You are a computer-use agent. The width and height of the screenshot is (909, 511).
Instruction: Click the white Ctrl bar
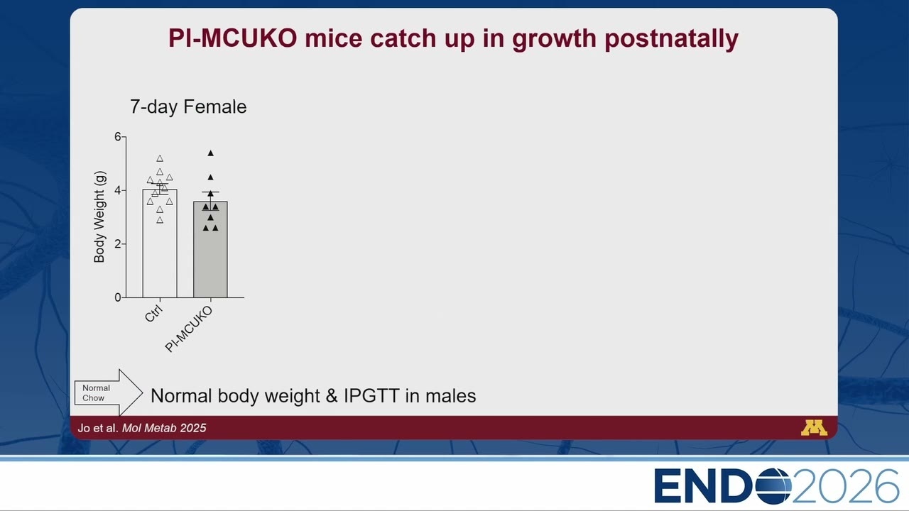[x=160, y=243]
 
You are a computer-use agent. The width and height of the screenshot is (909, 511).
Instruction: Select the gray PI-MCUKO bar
[x=210, y=249]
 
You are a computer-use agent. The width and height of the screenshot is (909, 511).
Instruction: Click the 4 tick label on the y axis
[x=118, y=190]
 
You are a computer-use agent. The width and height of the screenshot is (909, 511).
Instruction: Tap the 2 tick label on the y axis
[x=118, y=244]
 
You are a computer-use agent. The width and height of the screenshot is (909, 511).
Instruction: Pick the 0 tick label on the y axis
[x=118, y=297]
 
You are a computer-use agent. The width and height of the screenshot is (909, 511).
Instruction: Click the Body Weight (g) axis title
[x=99, y=217]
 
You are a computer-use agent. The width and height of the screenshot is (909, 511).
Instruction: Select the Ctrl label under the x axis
[x=153, y=313]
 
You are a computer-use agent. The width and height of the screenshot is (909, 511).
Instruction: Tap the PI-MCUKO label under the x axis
[x=189, y=329]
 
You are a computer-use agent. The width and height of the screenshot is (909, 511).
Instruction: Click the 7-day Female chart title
[x=188, y=106]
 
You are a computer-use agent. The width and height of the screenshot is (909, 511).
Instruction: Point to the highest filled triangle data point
[x=211, y=153]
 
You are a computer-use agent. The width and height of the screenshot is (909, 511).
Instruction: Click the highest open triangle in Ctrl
[x=160, y=158]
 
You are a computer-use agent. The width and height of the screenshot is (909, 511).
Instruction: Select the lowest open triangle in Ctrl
[x=160, y=220]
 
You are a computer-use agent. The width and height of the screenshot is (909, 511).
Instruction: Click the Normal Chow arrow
[x=109, y=392]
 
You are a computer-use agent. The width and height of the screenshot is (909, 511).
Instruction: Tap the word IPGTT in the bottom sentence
[x=371, y=396]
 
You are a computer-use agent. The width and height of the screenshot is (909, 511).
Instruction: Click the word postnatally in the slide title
[x=671, y=39]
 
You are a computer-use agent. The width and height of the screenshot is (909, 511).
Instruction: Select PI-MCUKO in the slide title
[x=232, y=38]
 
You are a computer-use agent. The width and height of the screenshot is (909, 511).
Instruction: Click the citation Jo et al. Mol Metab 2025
[x=142, y=428]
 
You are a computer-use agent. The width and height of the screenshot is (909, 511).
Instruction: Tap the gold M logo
[x=814, y=428]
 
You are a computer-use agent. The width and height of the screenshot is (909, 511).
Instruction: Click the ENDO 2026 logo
[x=776, y=486]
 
